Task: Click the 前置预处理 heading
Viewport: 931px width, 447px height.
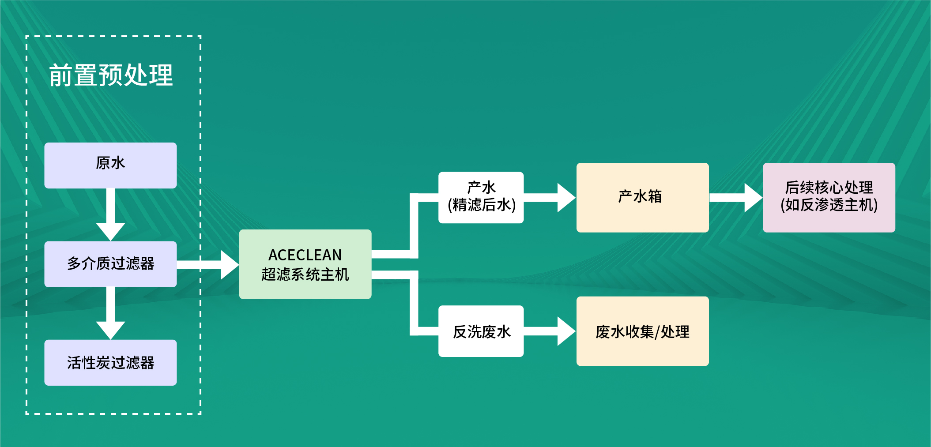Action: pos(111,75)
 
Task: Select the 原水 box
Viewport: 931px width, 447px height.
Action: pos(110,165)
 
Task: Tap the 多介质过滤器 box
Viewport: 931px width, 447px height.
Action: pos(110,264)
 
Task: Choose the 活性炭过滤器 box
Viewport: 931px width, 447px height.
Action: pos(110,363)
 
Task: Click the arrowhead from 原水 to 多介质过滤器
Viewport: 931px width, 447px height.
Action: pos(110,232)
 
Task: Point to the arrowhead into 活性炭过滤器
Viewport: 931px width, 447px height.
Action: pos(110,331)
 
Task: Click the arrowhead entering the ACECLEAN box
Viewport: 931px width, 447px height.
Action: pos(230,265)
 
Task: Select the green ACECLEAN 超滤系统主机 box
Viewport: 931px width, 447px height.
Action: pos(305,264)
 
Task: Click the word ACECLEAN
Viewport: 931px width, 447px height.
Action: pos(305,255)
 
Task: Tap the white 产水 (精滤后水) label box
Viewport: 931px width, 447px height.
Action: pos(481,197)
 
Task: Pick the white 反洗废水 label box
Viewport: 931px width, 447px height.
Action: pos(481,331)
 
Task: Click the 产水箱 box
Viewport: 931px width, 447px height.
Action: pos(643,198)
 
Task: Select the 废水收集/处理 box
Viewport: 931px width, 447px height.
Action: pos(643,331)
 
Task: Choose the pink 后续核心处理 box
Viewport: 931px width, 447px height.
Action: pos(829,198)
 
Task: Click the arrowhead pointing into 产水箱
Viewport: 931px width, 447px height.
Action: pos(567,198)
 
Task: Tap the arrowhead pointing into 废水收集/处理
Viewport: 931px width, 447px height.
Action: pos(567,331)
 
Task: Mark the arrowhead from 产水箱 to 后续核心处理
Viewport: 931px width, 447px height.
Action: pos(754,198)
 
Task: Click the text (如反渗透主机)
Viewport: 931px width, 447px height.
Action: pos(829,205)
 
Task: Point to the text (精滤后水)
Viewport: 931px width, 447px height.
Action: pos(482,205)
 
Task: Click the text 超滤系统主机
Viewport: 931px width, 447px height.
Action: pos(305,274)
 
